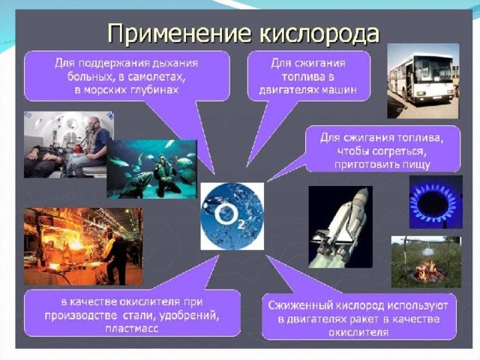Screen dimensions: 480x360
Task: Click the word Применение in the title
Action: point(179,34)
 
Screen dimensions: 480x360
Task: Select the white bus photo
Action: point(423,81)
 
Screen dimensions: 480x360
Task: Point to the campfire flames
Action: point(427,271)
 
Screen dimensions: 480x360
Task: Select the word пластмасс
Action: point(132,328)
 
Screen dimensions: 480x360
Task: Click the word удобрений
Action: point(189,315)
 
